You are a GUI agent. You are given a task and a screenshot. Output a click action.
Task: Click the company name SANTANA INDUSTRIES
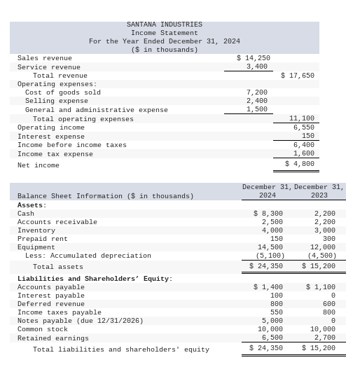click(x=164, y=25)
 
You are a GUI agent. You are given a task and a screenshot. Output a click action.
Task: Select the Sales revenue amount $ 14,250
click(x=253, y=58)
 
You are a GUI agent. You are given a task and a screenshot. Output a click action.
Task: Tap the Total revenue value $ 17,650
click(x=297, y=76)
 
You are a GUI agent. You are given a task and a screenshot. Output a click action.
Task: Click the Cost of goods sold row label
click(x=62, y=92)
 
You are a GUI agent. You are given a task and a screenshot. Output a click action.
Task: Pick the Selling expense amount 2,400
click(x=256, y=101)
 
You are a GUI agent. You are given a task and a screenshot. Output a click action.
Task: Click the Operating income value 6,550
click(x=303, y=127)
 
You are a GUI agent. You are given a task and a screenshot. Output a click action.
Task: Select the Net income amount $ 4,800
click(x=299, y=164)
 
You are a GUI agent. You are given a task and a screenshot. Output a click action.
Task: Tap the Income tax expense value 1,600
click(x=303, y=153)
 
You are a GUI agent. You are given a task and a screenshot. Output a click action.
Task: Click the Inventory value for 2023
click(x=324, y=230)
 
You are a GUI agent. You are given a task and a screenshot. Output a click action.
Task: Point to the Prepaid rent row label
click(x=43, y=239)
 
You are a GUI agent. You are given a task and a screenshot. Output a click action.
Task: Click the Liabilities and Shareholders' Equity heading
click(x=95, y=279)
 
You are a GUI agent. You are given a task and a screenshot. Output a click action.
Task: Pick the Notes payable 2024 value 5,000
click(x=272, y=321)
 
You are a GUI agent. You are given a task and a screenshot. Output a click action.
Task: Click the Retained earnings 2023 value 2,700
click(x=324, y=338)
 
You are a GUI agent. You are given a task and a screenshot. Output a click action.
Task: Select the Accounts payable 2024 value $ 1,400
click(x=268, y=287)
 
